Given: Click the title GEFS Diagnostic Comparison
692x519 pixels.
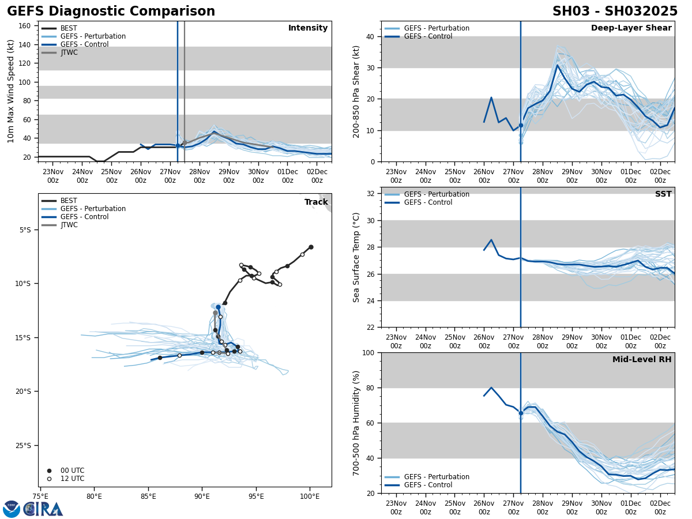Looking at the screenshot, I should point(111,12).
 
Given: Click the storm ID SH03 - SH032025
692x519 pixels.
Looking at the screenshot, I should point(615,12).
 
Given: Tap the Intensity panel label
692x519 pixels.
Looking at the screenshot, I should point(308,28).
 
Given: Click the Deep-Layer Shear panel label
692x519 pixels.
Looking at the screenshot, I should point(631,28).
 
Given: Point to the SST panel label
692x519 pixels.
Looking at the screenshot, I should point(663,194).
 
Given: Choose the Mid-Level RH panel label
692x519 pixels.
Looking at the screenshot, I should point(642,360).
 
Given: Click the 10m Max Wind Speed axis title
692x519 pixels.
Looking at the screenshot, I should point(12,91).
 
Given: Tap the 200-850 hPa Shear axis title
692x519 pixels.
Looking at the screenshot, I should point(356,91).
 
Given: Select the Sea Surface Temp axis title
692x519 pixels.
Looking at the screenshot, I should point(356,257).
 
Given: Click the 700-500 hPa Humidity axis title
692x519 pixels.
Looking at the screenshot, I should point(356,423).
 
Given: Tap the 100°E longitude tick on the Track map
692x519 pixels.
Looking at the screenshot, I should point(310,497).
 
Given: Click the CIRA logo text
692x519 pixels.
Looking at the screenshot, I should point(43,509).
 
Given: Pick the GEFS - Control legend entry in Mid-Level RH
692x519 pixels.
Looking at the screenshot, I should point(428,485).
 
